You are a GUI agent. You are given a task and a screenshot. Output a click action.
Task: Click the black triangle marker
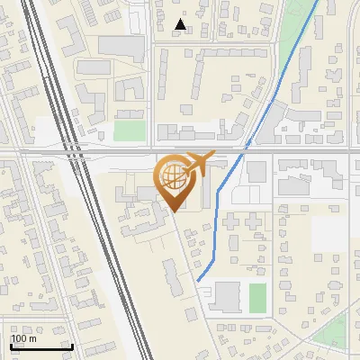(x=181, y=24)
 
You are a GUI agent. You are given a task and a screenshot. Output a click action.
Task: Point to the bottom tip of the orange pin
(x=173, y=211)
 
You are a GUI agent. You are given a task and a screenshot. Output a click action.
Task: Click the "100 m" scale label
(x=23, y=338)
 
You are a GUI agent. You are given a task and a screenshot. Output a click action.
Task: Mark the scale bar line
(x=41, y=346)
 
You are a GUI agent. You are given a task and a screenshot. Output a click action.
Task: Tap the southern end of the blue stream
(x=198, y=281)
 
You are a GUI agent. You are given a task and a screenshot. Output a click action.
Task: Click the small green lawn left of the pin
(x=129, y=130)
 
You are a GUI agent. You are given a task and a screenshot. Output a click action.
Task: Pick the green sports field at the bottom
(x=257, y=298)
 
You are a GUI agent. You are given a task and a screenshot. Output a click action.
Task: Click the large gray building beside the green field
(x=227, y=297)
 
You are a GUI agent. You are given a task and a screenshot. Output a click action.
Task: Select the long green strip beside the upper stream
(x=293, y=36)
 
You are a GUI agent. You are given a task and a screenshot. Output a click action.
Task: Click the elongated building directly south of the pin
(x=172, y=275)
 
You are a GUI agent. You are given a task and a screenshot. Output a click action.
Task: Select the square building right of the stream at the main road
(x=257, y=171)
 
